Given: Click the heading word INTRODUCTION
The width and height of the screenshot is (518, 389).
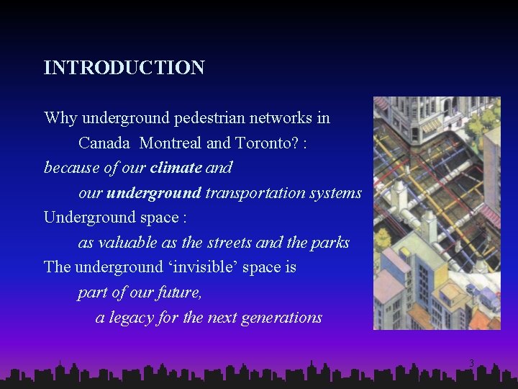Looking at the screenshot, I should pos(124,68).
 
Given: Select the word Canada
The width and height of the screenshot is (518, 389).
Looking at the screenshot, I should pos(104,143).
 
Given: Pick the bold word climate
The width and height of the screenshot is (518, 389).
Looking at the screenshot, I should pos(176,168).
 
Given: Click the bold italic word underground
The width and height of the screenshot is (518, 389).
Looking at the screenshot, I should pos(154,193).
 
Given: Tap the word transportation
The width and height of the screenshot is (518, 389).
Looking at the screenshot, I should pos(255,193).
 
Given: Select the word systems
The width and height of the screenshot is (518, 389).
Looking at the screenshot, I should pos(335,193).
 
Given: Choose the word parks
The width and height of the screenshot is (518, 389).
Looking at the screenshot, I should pos(329,243).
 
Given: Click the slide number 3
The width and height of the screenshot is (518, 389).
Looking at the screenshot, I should pos(471,362).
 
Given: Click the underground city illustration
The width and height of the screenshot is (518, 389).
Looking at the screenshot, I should pos(437,213).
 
